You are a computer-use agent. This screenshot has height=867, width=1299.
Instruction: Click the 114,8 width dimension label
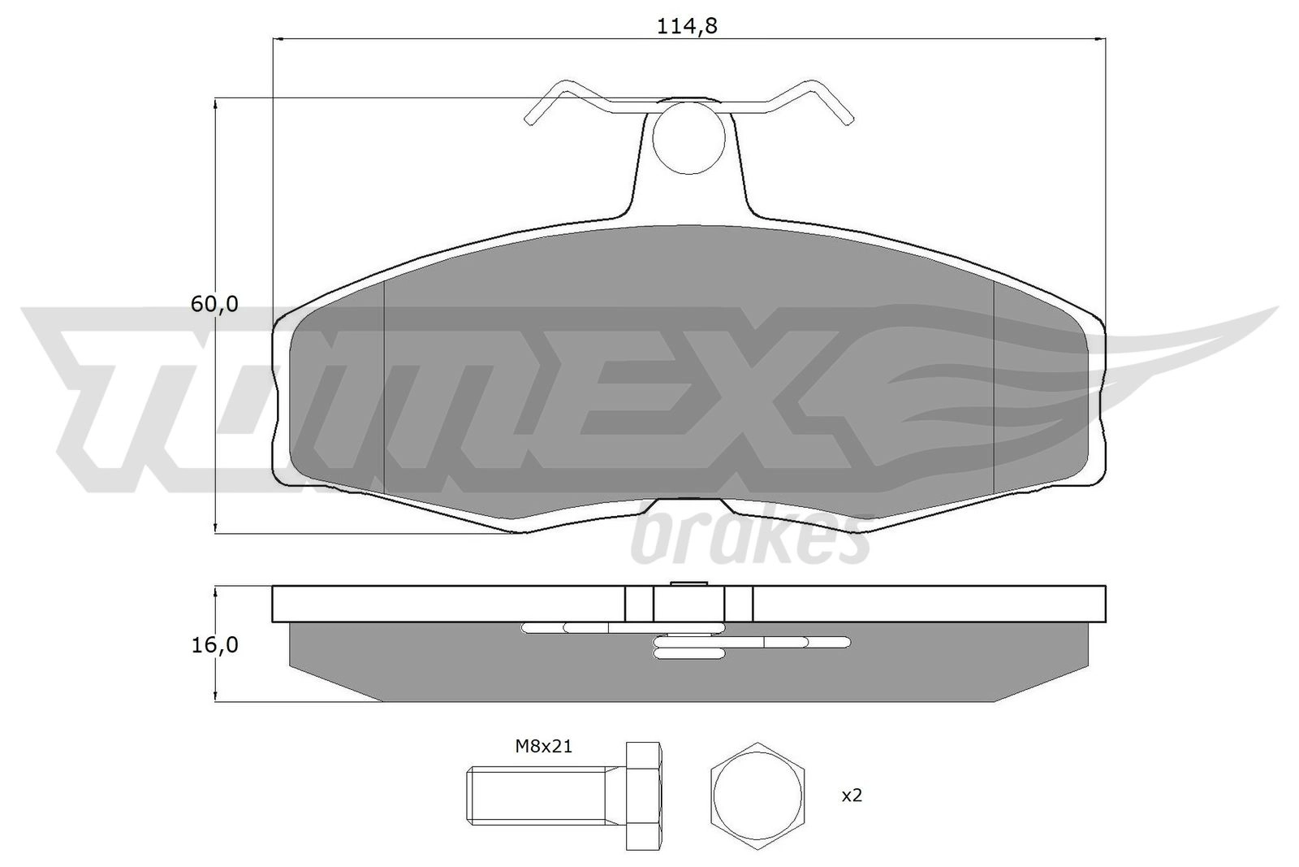687,26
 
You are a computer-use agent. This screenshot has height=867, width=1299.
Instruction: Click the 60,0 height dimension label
214,304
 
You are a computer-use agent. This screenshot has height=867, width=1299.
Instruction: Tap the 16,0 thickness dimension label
214,644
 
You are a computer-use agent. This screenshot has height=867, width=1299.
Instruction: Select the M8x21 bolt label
543,746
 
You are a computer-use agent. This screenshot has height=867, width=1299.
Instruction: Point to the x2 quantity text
852,795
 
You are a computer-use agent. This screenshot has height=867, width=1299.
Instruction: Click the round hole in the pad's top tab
689,138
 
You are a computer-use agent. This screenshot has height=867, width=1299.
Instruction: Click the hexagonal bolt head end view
757,796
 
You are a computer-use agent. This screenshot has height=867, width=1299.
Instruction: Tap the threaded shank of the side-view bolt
546,795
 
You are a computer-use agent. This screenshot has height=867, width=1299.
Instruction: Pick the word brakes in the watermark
752,539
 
